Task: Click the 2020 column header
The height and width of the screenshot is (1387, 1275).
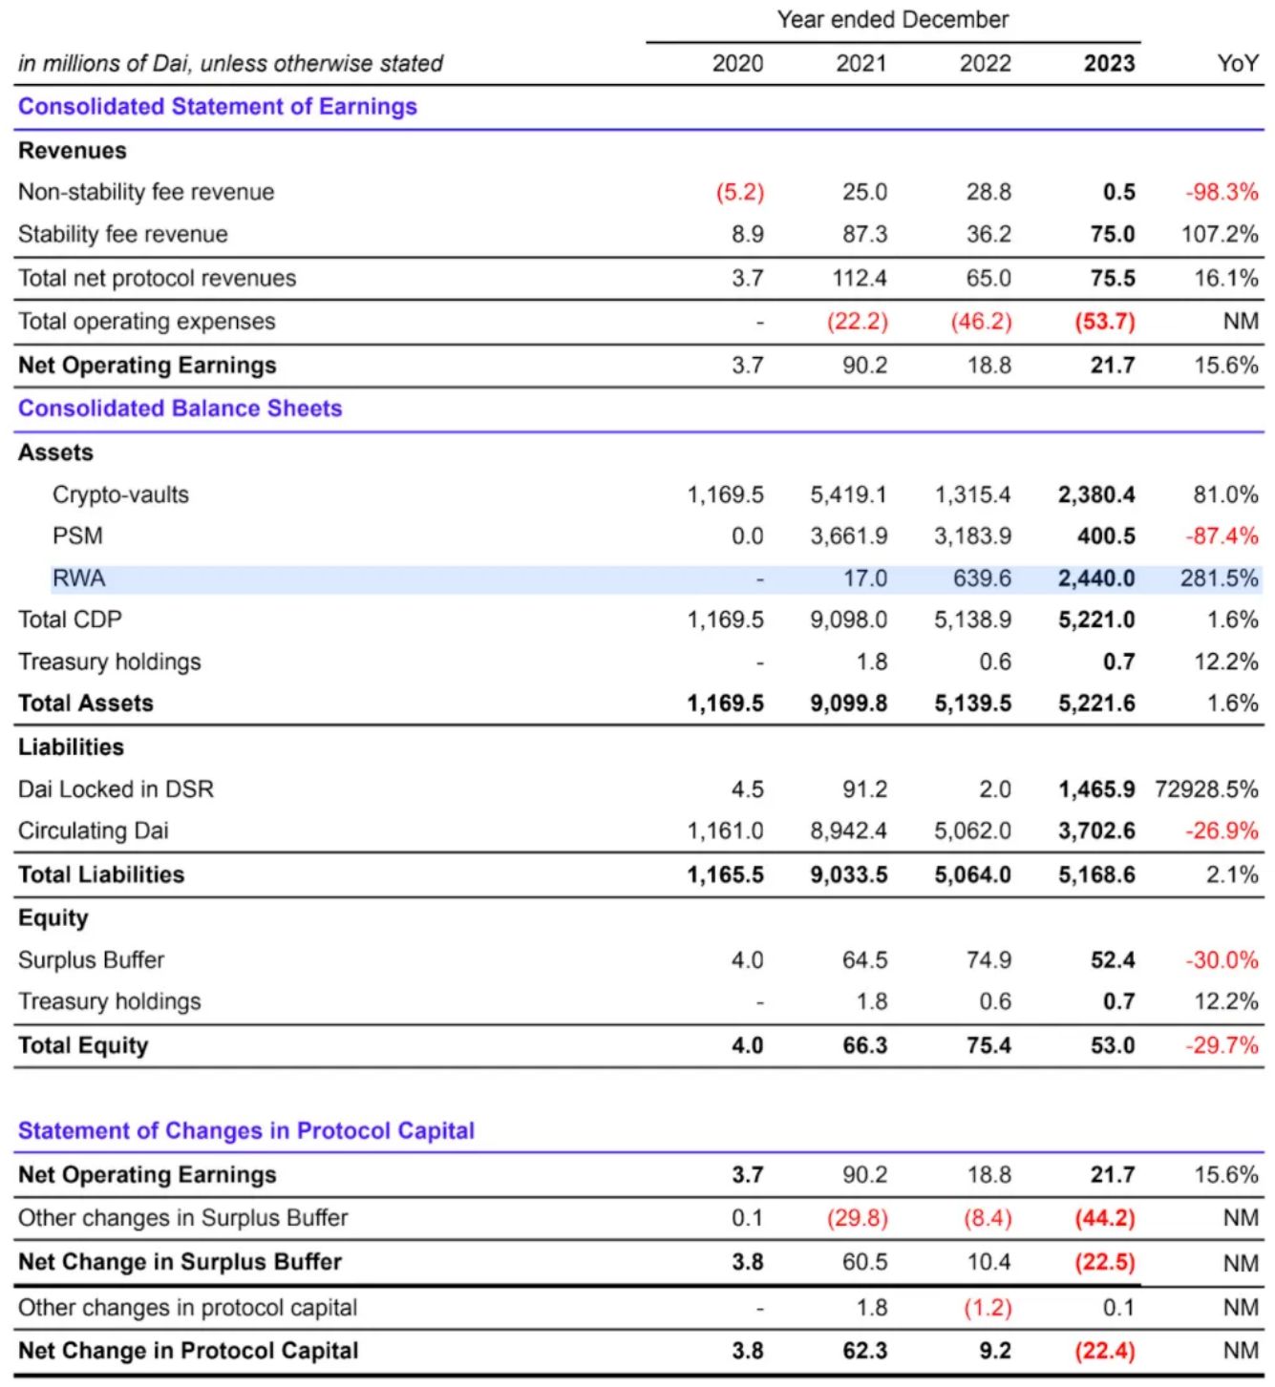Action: point(737,64)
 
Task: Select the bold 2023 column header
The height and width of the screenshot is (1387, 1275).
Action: point(1109,64)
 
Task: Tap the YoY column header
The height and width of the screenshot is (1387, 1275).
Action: point(1237,64)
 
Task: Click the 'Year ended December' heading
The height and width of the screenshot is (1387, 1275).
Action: point(892,20)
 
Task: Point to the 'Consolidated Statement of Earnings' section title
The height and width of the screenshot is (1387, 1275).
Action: point(218,107)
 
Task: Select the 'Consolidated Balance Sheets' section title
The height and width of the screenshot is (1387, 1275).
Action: point(180,409)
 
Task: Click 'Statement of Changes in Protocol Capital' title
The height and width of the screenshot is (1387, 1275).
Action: point(246,1131)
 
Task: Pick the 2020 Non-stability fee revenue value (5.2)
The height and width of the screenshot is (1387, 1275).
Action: point(740,192)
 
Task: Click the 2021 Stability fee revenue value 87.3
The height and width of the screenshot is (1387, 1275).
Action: point(864,235)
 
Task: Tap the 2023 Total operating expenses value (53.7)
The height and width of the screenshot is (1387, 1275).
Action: point(1105,322)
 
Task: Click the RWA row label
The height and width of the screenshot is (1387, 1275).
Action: point(79,578)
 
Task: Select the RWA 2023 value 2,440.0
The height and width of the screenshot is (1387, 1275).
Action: point(1096,578)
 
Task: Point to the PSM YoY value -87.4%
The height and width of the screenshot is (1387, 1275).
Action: point(1222,536)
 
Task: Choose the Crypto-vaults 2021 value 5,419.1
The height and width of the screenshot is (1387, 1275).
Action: point(848,494)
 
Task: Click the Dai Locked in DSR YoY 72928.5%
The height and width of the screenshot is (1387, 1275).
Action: point(1206,789)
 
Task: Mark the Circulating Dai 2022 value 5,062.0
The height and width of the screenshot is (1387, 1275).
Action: point(972,831)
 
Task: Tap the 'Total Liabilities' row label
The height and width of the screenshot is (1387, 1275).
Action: point(101,875)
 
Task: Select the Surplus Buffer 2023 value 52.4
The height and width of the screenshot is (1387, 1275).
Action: point(1113,960)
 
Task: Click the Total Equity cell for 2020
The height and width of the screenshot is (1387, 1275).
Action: point(747,1046)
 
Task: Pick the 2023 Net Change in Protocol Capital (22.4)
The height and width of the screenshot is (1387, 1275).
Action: point(1105,1352)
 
